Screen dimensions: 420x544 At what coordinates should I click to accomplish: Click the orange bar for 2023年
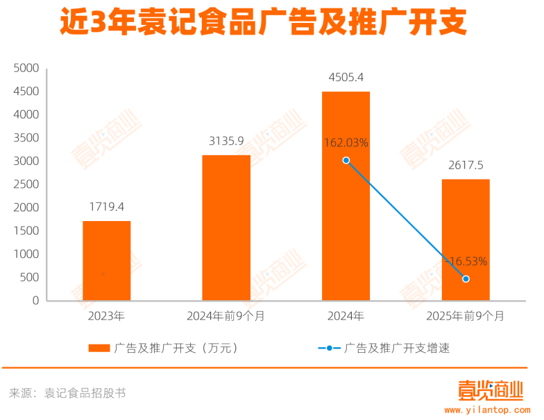pyautogui.click(x=106, y=261)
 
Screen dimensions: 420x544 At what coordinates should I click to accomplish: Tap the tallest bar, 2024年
pyautogui.click(x=346, y=196)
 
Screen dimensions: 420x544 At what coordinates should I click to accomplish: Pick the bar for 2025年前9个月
pyautogui.click(x=465, y=240)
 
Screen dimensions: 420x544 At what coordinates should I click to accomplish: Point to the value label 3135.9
pyautogui.click(x=226, y=141)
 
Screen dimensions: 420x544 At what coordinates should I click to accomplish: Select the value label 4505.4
pyautogui.click(x=346, y=77)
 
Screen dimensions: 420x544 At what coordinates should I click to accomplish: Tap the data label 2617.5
pyautogui.click(x=466, y=165)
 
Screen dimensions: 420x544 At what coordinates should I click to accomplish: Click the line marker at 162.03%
pyautogui.click(x=346, y=160)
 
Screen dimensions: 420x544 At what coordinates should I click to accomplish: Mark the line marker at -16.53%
pyautogui.click(x=466, y=279)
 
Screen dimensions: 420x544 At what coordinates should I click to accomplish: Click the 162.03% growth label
pyautogui.click(x=346, y=143)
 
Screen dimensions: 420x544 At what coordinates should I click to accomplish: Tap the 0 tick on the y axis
pyautogui.click(x=35, y=301)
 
